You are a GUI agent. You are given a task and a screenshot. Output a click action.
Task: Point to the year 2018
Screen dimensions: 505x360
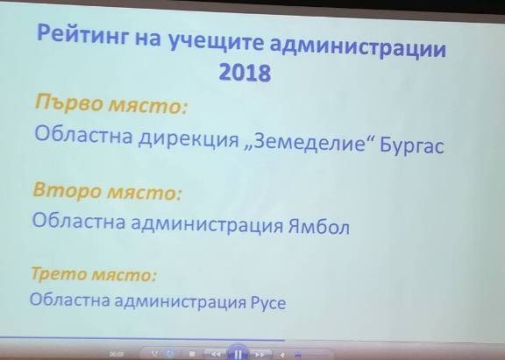[x=245, y=73]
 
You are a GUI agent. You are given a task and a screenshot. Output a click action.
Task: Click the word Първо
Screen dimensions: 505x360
[x=69, y=103]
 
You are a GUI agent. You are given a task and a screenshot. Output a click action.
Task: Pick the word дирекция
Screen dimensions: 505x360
[x=189, y=139]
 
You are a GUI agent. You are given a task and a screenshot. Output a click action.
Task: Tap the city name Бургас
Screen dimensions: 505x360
[x=412, y=145]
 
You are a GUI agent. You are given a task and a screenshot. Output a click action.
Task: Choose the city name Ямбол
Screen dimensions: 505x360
[x=319, y=227]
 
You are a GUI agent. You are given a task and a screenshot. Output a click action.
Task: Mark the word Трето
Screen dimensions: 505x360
[x=59, y=273]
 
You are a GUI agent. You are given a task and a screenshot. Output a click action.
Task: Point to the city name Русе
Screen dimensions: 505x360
[x=268, y=302]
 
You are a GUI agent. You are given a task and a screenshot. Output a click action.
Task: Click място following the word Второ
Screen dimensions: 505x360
[x=145, y=193]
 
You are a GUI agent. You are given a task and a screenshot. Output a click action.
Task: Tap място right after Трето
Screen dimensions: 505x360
[x=124, y=275]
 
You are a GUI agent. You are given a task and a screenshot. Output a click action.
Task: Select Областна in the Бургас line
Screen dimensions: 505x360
[x=84, y=135]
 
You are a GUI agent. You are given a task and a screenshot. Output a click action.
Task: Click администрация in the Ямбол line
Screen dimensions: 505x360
[x=207, y=224]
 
